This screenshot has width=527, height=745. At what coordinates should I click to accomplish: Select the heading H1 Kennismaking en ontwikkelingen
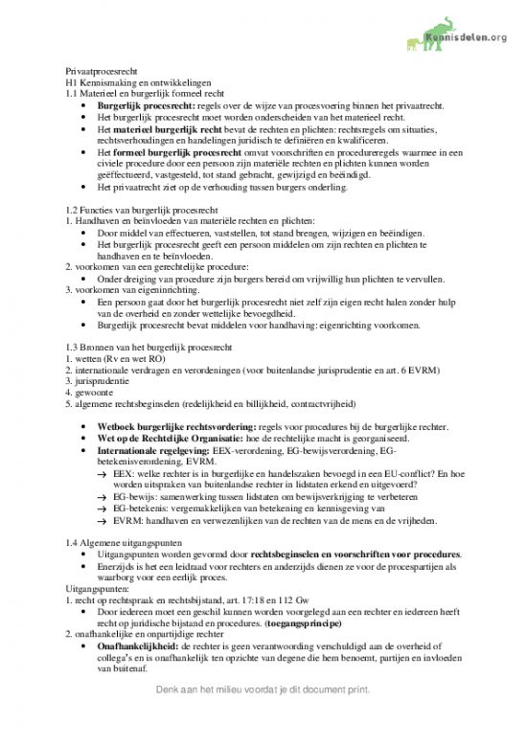tap(139, 83)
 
